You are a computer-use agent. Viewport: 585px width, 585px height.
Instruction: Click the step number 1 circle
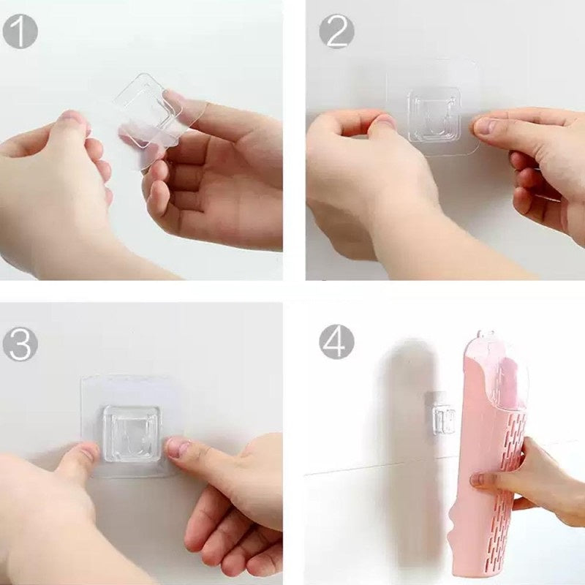click(x=20, y=31)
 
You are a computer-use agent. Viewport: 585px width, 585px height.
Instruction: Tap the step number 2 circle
click(x=336, y=31)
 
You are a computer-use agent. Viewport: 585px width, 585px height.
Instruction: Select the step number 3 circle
click(x=20, y=343)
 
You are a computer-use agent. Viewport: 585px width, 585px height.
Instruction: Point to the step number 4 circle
click(x=336, y=341)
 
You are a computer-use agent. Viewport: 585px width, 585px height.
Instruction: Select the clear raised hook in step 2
click(x=434, y=115)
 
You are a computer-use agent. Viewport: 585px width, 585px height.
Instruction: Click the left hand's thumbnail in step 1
click(x=71, y=116)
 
